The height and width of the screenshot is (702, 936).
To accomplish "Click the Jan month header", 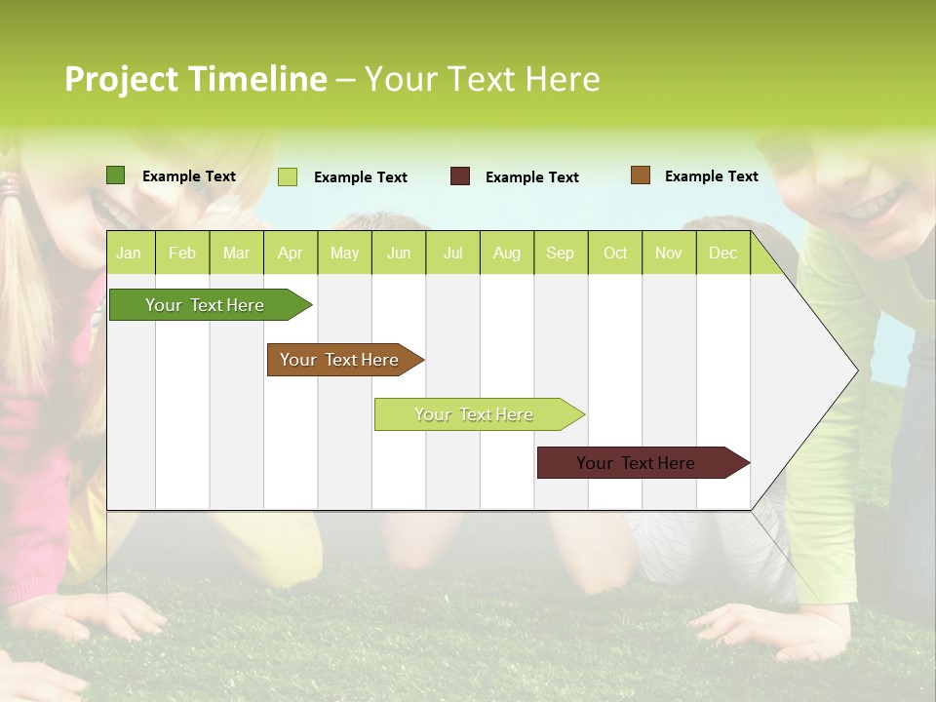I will point(129,253).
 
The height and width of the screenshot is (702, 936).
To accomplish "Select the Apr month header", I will point(290,253).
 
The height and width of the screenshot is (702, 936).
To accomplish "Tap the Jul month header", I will point(452,253).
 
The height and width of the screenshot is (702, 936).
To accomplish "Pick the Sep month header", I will point(560,253).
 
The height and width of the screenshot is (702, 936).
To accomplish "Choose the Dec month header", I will point(722,253).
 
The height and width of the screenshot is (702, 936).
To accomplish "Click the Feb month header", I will point(182,253).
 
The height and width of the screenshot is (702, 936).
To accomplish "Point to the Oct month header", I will point(615,253).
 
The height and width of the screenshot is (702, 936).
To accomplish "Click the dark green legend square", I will point(116,175).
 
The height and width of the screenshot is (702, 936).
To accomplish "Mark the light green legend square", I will point(288,176).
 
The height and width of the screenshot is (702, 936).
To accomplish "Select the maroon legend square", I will point(460,176).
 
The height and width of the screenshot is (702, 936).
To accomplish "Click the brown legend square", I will point(641,175).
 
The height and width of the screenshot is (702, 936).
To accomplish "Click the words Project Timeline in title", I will point(196,79).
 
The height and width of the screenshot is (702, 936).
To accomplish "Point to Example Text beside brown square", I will point(711,175).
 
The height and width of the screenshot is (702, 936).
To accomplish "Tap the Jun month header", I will point(399,253).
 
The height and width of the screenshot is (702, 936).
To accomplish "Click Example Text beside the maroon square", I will point(531,176).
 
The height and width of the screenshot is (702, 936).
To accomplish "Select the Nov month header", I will point(669,253).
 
